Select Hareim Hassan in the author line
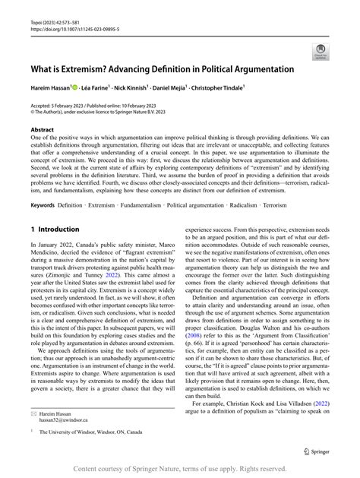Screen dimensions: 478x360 pyautogui.click(x=49, y=87)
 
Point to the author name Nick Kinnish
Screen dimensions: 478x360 pyautogui.click(x=141, y=87)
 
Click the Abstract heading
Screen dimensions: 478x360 pyautogui.click(x=44, y=131)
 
